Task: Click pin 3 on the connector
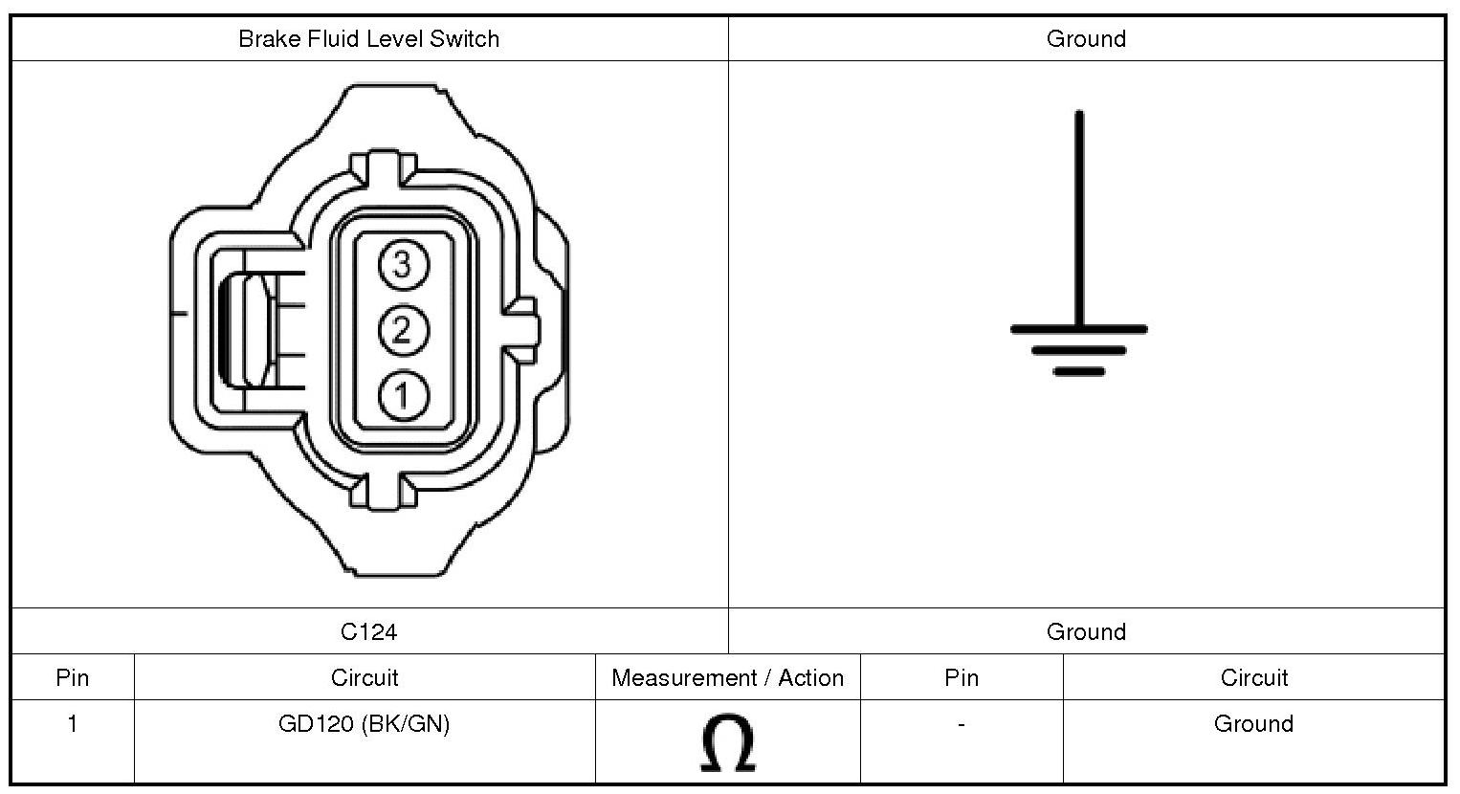[x=402, y=264]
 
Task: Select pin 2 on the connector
[x=402, y=330]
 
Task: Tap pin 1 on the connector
[x=403, y=395]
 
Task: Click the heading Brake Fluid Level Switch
[x=368, y=39]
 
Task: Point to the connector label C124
[x=368, y=631]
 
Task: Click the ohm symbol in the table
[x=728, y=743]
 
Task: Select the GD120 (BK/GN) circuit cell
[x=364, y=724]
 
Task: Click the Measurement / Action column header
[x=727, y=678]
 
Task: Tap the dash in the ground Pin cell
[x=961, y=725]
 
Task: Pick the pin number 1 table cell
[x=72, y=724]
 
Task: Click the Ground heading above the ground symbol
[x=1086, y=39]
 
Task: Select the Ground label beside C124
[x=1086, y=631]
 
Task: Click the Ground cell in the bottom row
[x=1253, y=724]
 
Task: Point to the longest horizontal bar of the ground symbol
[x=1079, y=329]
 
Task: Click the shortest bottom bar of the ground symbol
[x=1079, y=371]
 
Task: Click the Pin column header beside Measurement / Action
[x=961, y=678]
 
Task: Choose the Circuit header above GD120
[x=364, y=678]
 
